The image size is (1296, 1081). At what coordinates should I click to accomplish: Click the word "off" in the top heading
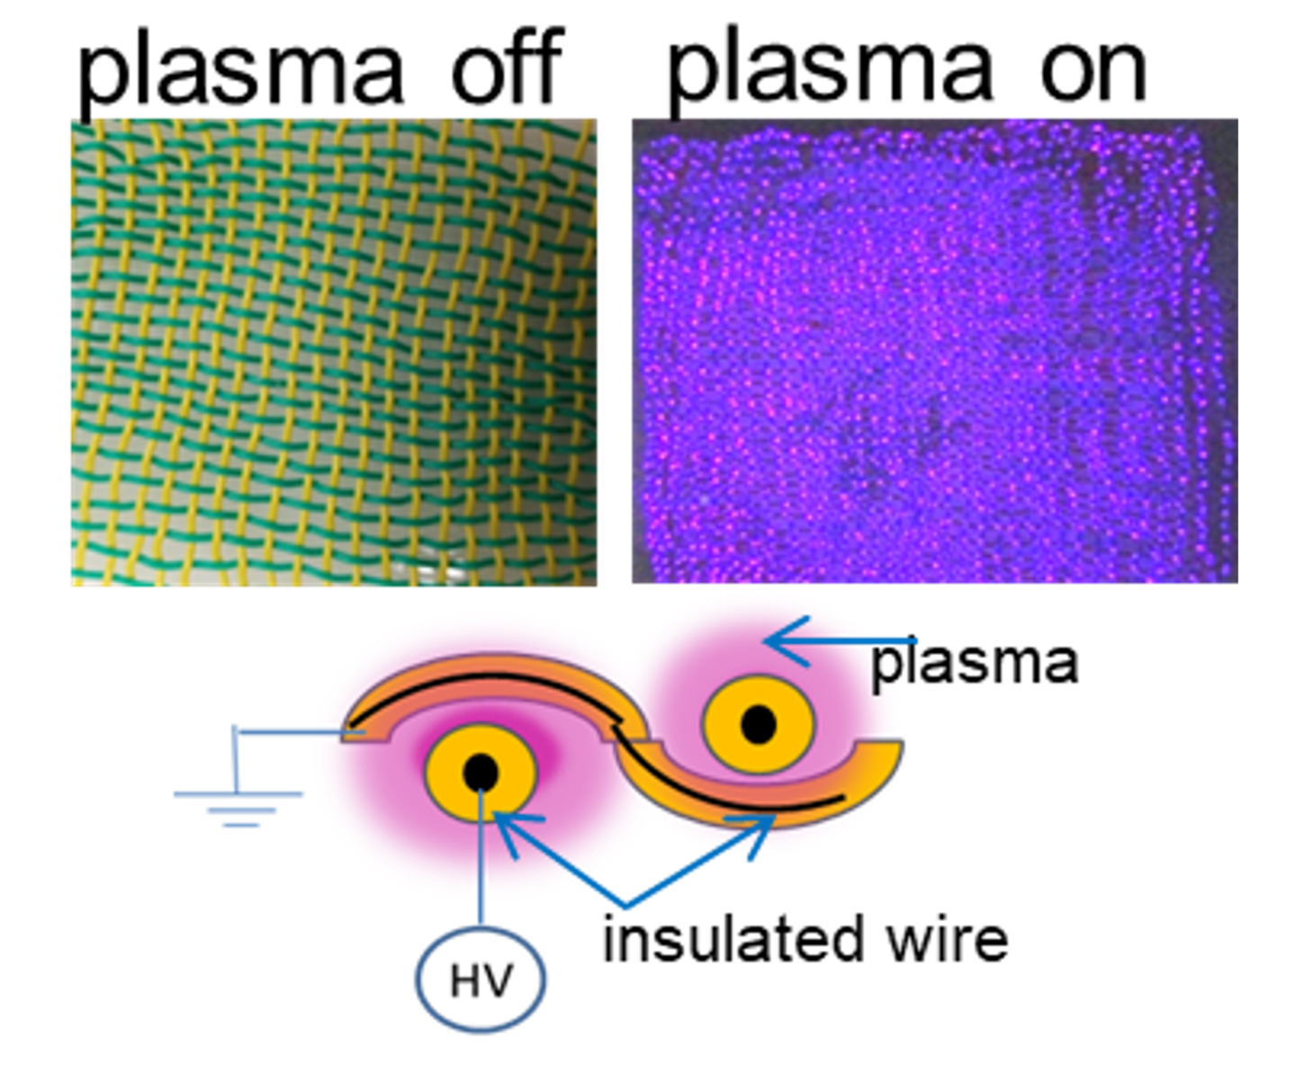coord(507,65)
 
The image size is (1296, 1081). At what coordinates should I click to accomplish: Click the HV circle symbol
coord(481,979)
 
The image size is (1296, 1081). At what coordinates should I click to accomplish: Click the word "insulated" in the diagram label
coord(733,940)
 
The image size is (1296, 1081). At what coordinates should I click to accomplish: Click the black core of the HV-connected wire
coord(481,773)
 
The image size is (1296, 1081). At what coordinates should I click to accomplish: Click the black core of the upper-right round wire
coord(758,724)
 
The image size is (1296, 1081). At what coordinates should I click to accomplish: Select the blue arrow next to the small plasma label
coord(840,641)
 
